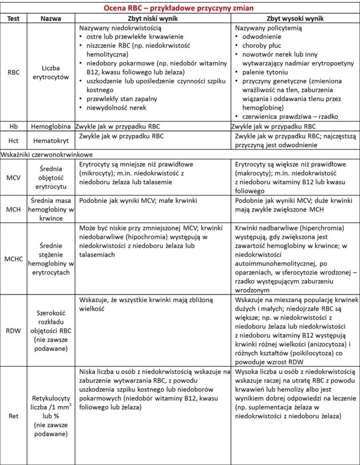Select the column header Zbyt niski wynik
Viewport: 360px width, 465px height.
(x=152, y=18)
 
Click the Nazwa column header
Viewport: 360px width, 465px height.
(x=50, y=18)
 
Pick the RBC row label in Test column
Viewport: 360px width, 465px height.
(x=14, y=73)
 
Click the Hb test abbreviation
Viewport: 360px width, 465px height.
(x=14, y=126)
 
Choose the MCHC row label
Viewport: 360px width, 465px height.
(x=14, y=257)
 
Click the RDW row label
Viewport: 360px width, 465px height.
(x=14, y=331)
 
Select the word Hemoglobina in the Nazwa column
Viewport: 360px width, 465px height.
(x=50, y=126)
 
